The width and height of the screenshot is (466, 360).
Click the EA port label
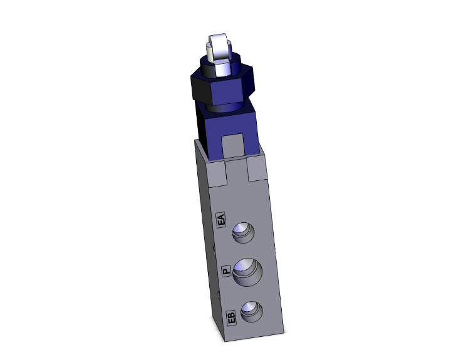click(220, 221)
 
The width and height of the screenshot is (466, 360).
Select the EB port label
click(231, 317)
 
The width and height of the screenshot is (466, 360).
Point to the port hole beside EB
click(251, 311)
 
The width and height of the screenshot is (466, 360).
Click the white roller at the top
click(218, 46)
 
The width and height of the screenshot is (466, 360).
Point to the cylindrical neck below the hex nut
click(225, 106)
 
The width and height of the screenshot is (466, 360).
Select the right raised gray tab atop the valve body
click(259, 170)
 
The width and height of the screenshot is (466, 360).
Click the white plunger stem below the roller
click(220, 67)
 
